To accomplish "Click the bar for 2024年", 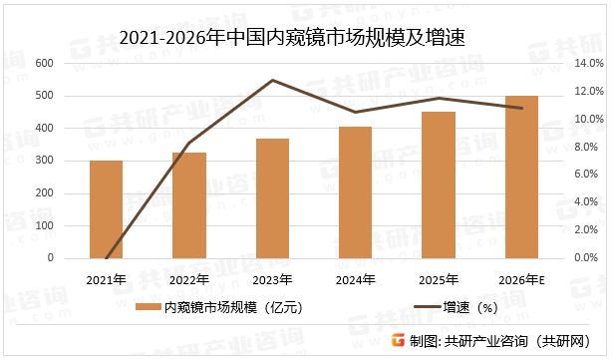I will click(x=356, y=192).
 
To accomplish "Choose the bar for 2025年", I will click(x=439, y=185).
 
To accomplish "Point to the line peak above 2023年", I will click(x=272, y=80).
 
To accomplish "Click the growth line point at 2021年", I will click(x=106, y=257).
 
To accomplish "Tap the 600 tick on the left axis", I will click(x=44, y=63).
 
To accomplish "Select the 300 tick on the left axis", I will click(x=44, y=161).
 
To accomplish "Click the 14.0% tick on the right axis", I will click(x=589, y=63).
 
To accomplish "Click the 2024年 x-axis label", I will click(x=356, y=278).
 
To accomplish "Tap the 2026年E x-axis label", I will click(x=522, y=278).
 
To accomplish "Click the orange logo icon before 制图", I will click(x=398, y=341).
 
